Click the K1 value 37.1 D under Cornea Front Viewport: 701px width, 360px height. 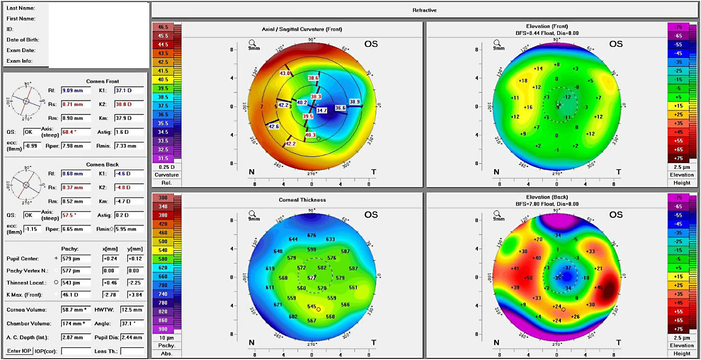tap(129, 90)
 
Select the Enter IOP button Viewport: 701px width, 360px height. tap(19, 351)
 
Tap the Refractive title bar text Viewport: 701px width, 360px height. tap(424, 10)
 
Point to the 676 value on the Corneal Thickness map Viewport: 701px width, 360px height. tap(311, 236)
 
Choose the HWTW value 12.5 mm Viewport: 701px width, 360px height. tap(132, 309)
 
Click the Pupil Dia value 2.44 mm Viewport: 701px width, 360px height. tap(132, 337)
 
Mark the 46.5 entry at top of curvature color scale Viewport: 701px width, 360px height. tap(163, 28)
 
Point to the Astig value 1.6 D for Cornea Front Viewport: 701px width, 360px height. tap(129, 132)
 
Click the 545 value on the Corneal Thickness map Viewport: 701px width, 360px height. tap(312, 307)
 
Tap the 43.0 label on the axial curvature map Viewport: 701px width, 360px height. tap(285, 73)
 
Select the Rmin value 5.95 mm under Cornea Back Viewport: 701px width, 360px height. tap(129, 229)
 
